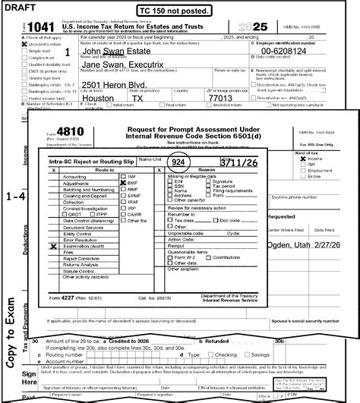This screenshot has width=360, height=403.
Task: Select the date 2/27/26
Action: pos(339,247)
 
